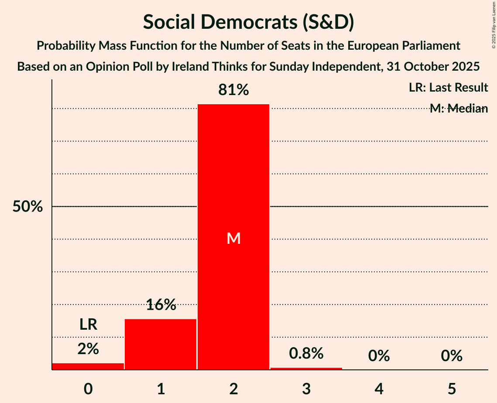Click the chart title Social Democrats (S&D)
tap(248, 23)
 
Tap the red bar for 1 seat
tap(161, 344)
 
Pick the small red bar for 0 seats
tap(88, 366)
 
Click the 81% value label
tap(233, 90)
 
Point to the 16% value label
tap(161, 305)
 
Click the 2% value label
tap(88, 348)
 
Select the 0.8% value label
tap(306, 353)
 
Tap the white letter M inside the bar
tap(233, 238)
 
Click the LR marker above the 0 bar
tap(88, 324)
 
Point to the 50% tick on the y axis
tap(27, 207)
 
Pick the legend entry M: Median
tap(459, 109)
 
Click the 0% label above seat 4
tap(379, 356)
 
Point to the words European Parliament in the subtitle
tap(406, 46)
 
